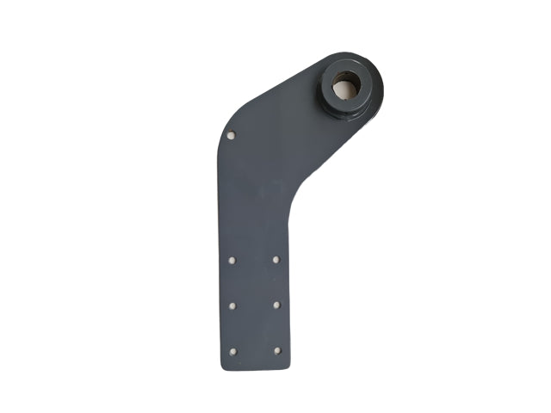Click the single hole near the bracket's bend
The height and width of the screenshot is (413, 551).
pos(231,134)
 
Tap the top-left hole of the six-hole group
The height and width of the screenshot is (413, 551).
pos(232,259)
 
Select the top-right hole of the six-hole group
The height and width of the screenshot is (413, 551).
pos(276,259)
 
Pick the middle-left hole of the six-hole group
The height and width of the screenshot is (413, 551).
pos(232,305)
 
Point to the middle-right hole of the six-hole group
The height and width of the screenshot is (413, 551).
pos(276,305)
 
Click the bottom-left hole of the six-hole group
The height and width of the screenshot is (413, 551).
pos(232,350)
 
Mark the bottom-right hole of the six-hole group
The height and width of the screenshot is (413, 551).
pos(276,350)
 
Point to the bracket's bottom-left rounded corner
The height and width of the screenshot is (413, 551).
pos(223,365)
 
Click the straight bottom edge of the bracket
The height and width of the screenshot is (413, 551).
pos(255,369)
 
